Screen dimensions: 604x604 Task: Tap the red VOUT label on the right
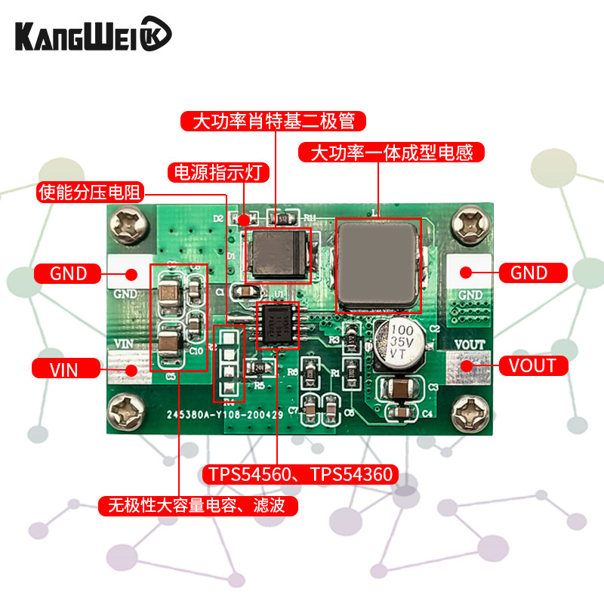(x=532, y=366)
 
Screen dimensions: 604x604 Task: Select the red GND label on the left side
(x=69, y=273)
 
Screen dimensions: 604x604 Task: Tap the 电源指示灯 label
(x=218, y=172)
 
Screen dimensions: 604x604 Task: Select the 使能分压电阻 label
(x=91, y=192)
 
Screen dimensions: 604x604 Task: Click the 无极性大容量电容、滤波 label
(x=198, y=505)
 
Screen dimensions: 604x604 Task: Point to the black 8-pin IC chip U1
(x=278, y=325)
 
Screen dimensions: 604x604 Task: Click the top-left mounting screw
(x=129, y=224)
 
